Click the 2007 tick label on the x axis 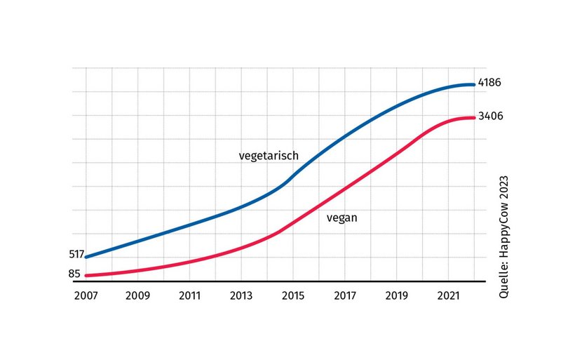coord(86,295)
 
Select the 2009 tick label coord(137,295)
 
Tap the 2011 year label coord(189,295)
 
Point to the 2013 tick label coord(241,295)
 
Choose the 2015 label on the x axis coord(293,295)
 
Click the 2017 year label coord(345,295)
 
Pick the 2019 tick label coord(397,295)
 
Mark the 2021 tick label coord(449,295)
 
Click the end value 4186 coord(490,83)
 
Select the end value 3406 coord(490,116)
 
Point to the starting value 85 coord(74,274)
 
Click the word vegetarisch coord(269,155)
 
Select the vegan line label coord(342,218)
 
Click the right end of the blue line coord(474,85)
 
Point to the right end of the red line coord(474,118)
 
